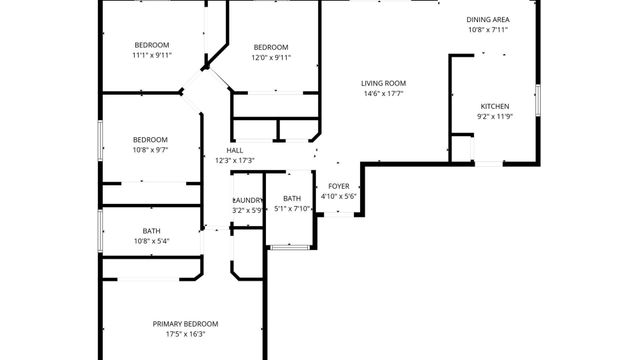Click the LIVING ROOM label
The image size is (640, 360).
(x=384, y=83)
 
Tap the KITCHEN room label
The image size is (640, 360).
(x=495, y=106)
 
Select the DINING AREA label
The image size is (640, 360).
(x=488, y=19)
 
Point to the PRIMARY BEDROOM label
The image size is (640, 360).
(x=185, y=323)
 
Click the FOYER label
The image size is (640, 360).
(x=338, y=186)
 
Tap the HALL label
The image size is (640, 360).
(x=234, y=150)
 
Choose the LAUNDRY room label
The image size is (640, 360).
(x=248, y=200)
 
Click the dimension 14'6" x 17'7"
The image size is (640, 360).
(x=384, y=94)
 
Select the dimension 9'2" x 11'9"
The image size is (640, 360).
(x=495, y=117)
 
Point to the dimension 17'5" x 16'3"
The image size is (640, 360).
(x=185, y=335)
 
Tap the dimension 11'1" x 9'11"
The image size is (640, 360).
(x=152, y=56)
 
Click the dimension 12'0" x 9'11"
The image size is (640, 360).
(x=270, y=58)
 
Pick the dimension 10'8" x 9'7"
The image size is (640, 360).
(x=150, y=150)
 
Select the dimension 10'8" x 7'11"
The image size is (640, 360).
(x=488, y=30)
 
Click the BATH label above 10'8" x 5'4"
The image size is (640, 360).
(x=151, y=231)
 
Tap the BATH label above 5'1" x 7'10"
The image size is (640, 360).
(x=292, y=199)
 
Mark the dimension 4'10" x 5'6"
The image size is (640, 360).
(x=338, y=196)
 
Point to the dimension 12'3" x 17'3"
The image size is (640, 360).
(x=234, y=160)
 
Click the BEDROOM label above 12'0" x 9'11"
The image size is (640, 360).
(x=270, y=47)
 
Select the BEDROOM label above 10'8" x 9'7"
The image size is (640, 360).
(x=150, y=139)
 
